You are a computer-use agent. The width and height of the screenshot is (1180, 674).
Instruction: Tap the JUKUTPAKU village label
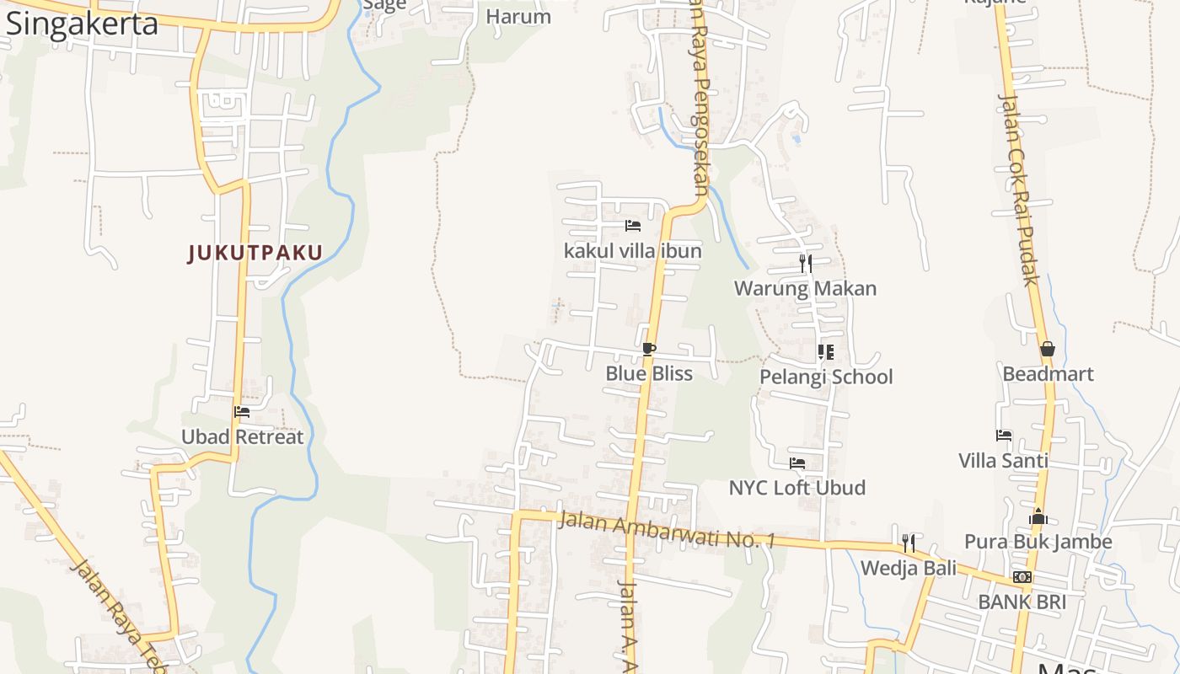point(255,253)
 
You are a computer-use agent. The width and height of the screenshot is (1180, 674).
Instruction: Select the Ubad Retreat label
point(243,436)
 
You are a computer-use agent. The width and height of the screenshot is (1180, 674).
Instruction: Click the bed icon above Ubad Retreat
point(243,412)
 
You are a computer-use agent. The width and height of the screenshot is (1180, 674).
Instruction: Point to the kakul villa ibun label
point(632,250)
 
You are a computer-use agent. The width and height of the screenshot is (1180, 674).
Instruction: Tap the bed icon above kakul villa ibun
point(633,226)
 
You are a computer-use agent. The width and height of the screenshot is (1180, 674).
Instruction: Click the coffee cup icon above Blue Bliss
point(648,349)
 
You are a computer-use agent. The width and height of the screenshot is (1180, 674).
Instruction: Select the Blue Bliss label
point(649,373)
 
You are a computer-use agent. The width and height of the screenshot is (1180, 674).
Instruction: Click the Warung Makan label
point(805,288)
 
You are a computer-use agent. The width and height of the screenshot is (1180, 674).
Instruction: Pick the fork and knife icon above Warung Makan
point(806,264)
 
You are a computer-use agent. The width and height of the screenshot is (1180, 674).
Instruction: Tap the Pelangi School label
point(826,376)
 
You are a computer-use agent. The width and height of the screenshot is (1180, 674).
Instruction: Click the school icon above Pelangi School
point(826,351)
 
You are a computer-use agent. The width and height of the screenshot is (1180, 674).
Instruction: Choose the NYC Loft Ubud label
point(796,487)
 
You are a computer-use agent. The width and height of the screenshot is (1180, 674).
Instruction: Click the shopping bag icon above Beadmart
point(1048,349)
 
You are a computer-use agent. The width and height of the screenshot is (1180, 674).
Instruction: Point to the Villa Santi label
point(1003,460)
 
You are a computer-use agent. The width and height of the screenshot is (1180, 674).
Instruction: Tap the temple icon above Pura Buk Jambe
point(1038,516)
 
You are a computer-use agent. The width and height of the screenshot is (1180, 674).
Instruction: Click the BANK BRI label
point(1022,602)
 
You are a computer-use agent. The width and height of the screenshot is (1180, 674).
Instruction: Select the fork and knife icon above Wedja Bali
point(909,543)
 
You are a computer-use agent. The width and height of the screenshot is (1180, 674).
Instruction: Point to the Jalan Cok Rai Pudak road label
point(1018,190)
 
